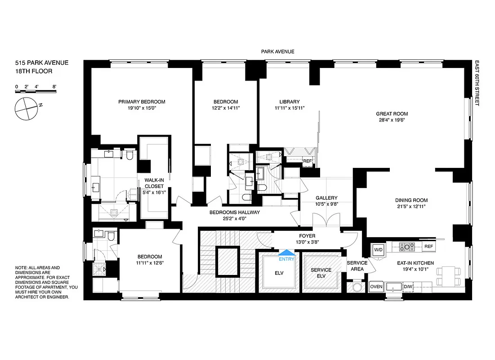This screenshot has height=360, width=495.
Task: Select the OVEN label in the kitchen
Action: point(376,286)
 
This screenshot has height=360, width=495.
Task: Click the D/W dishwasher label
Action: point(408,286)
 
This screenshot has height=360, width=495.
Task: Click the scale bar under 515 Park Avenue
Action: point(36,91)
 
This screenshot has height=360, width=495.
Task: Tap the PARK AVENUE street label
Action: point(277,52)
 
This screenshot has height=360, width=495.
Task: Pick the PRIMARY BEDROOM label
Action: point(142,102)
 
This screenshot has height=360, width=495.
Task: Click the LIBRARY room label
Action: point(289,102)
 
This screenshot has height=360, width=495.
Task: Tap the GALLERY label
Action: point(326,198)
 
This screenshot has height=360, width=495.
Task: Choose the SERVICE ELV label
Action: point(321,273)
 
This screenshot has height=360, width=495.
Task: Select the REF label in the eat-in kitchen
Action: point(428,247)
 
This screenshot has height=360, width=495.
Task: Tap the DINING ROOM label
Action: point(411,200)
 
